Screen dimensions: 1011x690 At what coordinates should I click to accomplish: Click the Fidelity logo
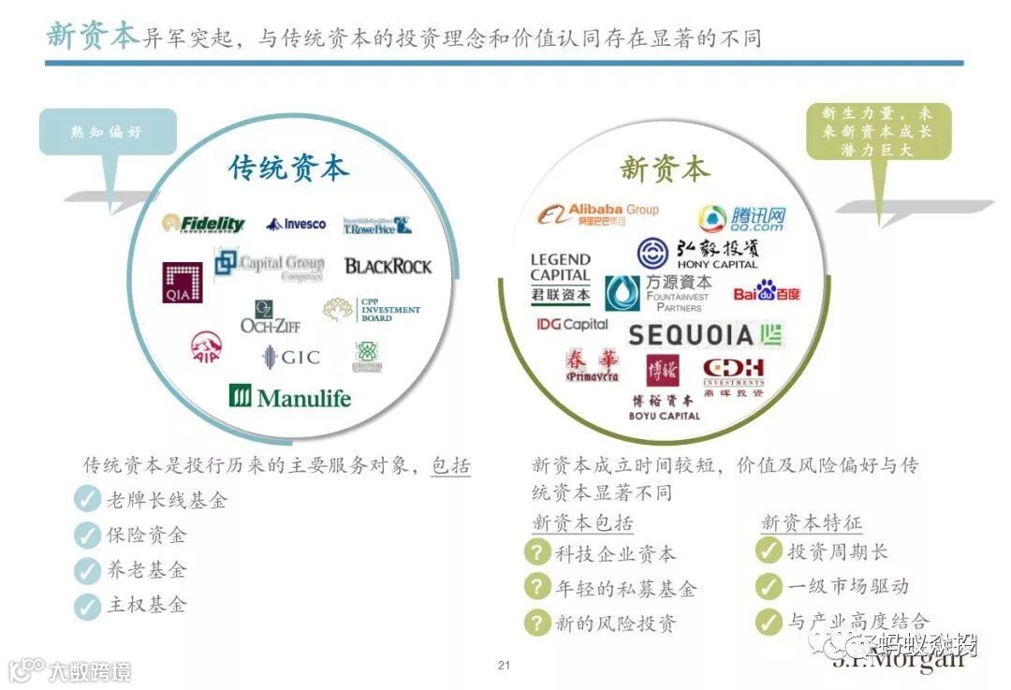tap(203, 224)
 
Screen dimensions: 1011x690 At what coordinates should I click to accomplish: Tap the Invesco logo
tap(296, 224)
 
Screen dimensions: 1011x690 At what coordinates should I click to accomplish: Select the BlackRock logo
tap(388, 266)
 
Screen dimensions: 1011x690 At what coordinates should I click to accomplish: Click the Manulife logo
tap(290, 397)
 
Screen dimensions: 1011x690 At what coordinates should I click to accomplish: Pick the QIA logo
tap(183, 282)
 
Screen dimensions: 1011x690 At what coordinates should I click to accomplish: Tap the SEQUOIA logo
tap(705, 334)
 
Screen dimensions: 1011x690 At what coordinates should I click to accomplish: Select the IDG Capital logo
tap(572, 324)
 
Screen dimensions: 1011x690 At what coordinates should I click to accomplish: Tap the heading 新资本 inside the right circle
tap(665, 169)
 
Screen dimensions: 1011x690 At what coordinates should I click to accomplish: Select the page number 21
tap(505, 666)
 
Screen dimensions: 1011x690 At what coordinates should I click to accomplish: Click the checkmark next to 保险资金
tap(87, 536)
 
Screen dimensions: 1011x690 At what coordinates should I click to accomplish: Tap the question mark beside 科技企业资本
tap(536, 552)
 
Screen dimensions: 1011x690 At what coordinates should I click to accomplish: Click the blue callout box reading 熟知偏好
tap(108, 132)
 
